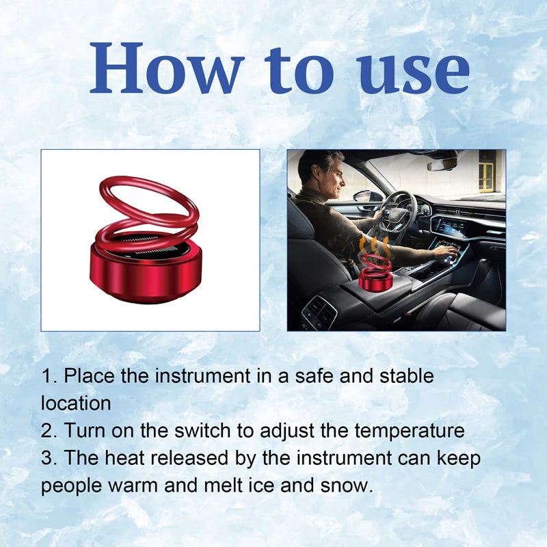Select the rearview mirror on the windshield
point(442,163)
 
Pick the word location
point(76,403)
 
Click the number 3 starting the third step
point(46,458)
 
